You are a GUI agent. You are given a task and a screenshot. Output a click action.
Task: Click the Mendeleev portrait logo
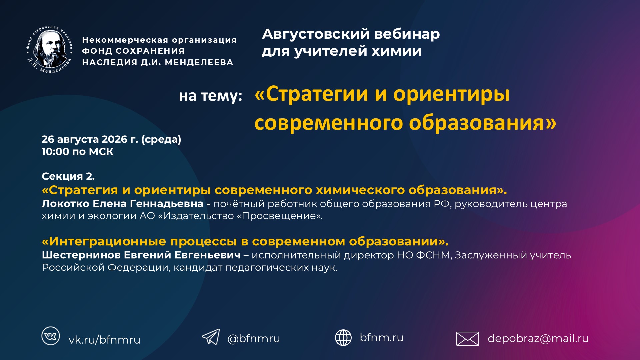(x=50, y=49)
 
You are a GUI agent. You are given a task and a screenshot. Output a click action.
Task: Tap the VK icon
(x=51, y=336)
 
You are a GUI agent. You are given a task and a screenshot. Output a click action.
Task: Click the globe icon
(x=343, y=337)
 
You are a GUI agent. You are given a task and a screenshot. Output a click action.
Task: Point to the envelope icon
(x=467, y=339)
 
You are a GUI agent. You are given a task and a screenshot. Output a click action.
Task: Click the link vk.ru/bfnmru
(x=104, y=340)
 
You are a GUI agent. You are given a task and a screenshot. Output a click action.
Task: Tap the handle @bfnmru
(x=254, y=338)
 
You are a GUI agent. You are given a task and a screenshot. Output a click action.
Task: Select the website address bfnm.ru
(x=382, y=337)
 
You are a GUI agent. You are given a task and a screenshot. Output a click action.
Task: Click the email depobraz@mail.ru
(x=538, y=338)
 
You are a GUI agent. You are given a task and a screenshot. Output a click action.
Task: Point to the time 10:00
(x=55, y=152)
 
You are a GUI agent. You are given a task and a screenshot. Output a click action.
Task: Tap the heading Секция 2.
(x=68, y=176)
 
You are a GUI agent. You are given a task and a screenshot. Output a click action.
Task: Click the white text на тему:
(x=210, y=96)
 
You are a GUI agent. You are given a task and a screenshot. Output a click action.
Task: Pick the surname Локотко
(x=65, y=203)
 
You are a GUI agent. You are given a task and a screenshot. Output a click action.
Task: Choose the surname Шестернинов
(x=81, y=255)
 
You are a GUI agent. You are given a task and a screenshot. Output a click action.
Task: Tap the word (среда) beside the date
(x=161, y=139)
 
